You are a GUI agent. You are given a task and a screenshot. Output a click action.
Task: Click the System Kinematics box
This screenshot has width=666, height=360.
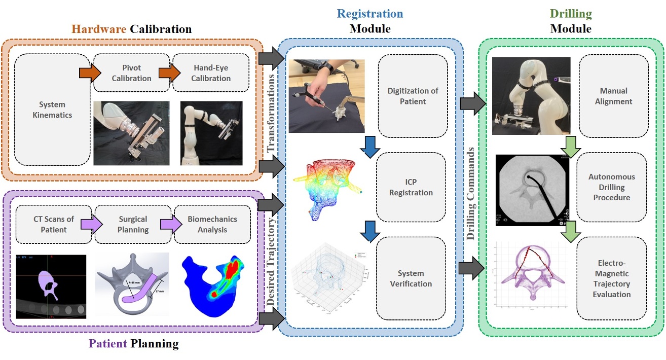pyautogui.click(x=52, y=110)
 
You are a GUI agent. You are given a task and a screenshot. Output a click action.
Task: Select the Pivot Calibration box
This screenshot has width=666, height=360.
pyautogui.click(x=131, y=73)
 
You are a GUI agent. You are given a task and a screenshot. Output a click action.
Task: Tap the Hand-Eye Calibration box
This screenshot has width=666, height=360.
pyautogui.click(x=211, y=73)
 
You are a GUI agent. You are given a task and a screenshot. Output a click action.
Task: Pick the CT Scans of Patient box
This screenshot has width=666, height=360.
pyautogui.click(x=53, y=224)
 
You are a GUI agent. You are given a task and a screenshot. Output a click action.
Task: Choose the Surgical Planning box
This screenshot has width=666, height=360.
pyautogui.click(x=133, y=224)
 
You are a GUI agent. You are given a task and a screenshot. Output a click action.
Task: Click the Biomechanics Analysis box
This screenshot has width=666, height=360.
pyautogui.click(x=212, y=224)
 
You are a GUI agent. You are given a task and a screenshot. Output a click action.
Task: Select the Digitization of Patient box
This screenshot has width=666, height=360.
pyautogui.click(x=413, y=96)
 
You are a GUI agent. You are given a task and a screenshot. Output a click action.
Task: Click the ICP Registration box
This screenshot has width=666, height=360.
pyautogui.click(x=411, y=187)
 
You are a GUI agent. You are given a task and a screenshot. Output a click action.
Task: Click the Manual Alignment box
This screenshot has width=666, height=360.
pyautogui.click(x=613, y=96)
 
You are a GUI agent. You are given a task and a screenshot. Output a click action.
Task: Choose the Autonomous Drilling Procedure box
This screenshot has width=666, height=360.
pyautogui.click(x=612, y=187)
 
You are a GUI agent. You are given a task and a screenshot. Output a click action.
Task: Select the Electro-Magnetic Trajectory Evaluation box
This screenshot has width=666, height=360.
pyautogui.click(x=612, y=278)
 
